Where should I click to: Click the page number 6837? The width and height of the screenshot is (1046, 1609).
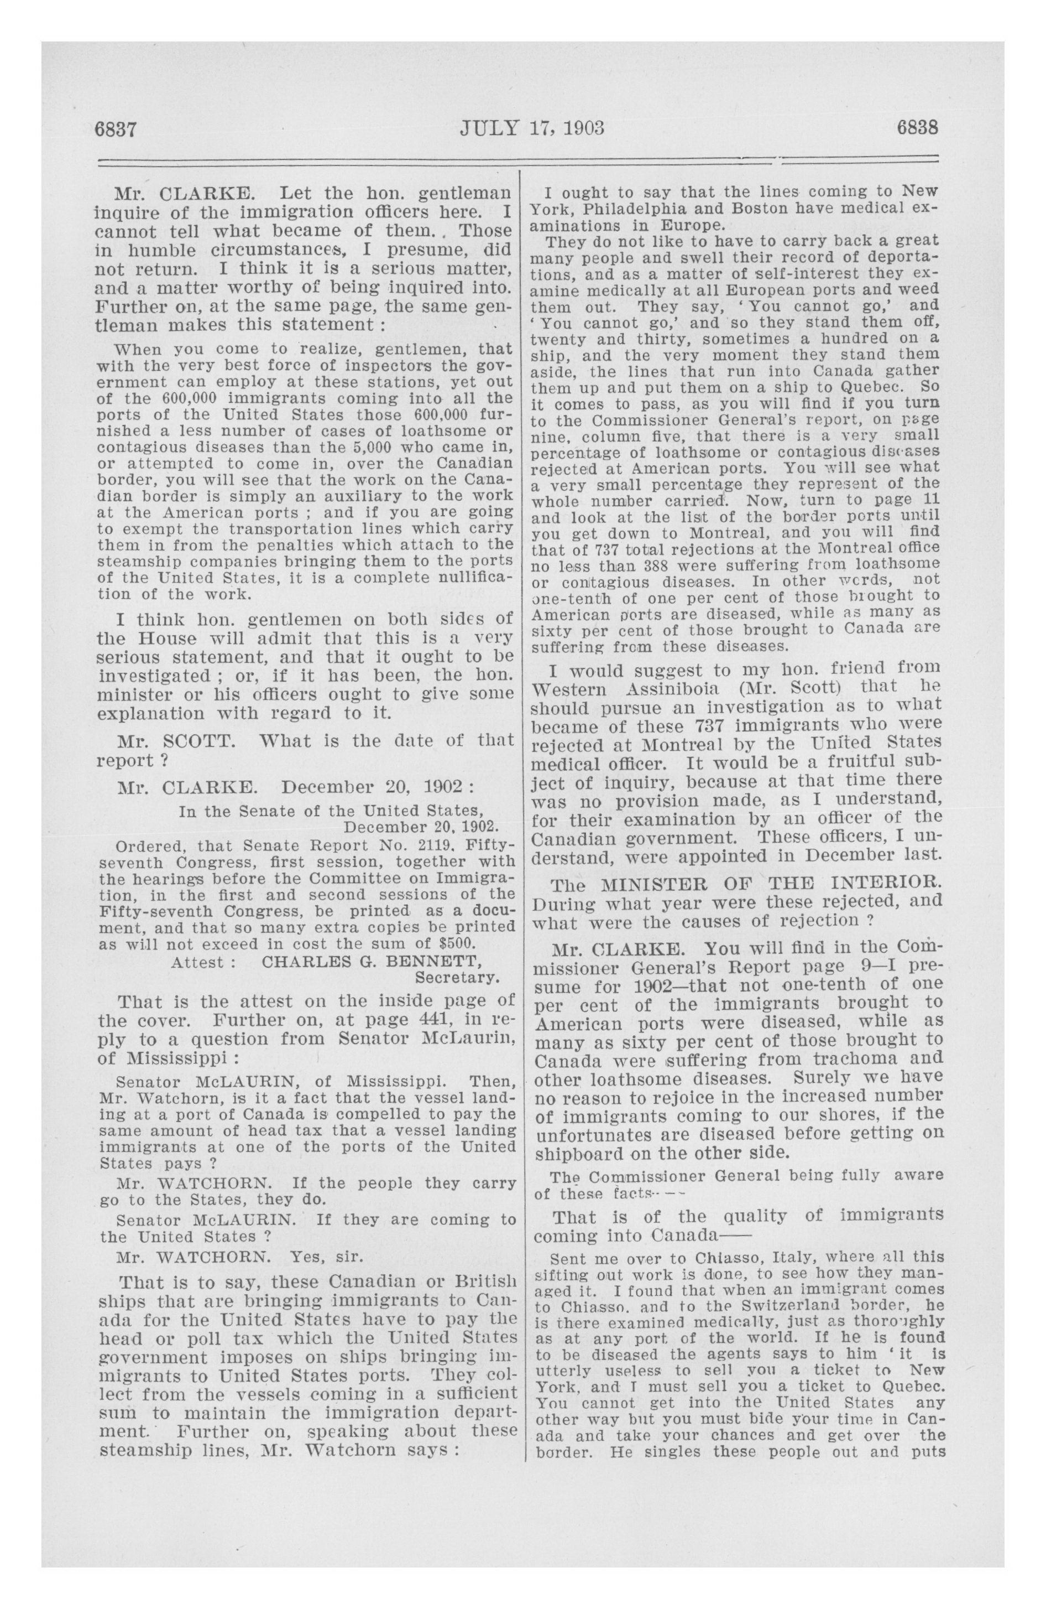pyautogui.click(x=116, y=129)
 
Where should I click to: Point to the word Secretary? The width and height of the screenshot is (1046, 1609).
pyautogui.click(x=457, y=978)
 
